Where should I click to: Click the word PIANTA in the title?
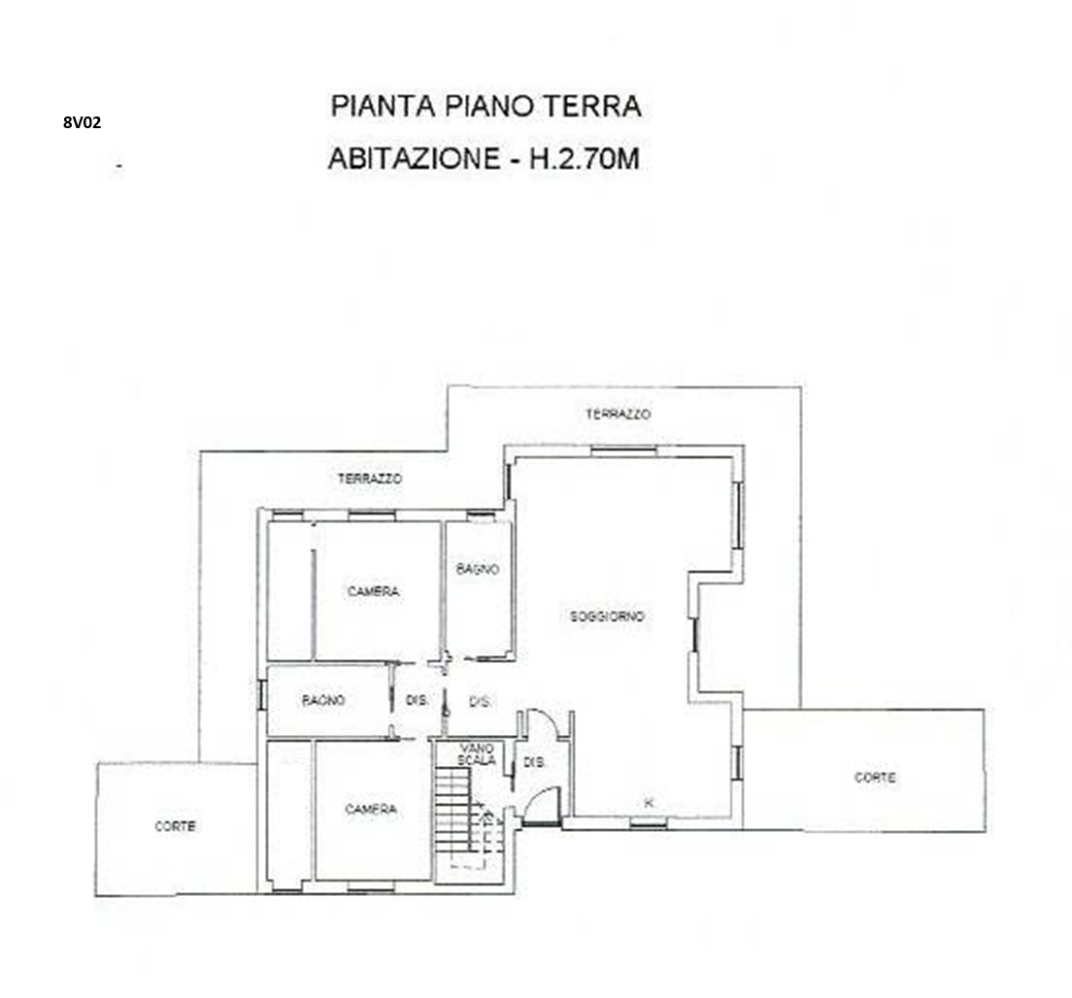pyautogui.click(x=384, y=106)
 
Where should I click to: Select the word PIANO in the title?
pyautogui.click(x=489, y=106)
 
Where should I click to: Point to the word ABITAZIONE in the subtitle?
pyautogui.click(x=415, y=158)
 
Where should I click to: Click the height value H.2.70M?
pyautogui.click(x=586, y=158)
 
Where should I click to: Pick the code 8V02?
pyautogui.click(x=82, y=122)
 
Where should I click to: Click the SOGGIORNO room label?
pyautogui.click(x=607, y=616)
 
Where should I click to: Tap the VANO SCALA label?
pyautogui.click(x=477, y=754)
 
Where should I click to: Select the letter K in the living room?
pyautogui.click(x=649, y=802)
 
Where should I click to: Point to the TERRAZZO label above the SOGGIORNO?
pyautogui.click(x=618, y=415)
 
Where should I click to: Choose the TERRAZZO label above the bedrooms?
pyautogui.click(x=370, y=479)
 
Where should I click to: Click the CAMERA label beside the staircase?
pyautogui.click(x=371, y=810)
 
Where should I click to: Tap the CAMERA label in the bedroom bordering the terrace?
pyautogui.click(x=373, y=591)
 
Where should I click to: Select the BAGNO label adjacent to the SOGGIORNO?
pyautogui.click(x=477, y=569)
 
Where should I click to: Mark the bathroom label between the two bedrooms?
pyautogui.click(x=323, y=700)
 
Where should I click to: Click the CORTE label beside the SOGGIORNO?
pyautogui.click(x=875, y=778)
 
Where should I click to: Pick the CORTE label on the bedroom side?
pyautogui.click(x=176, y=826)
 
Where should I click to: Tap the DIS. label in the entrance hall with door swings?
pyautogui.click(x=535, y=762)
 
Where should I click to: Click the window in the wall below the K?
pyautogui.click(x=648, y=823)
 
